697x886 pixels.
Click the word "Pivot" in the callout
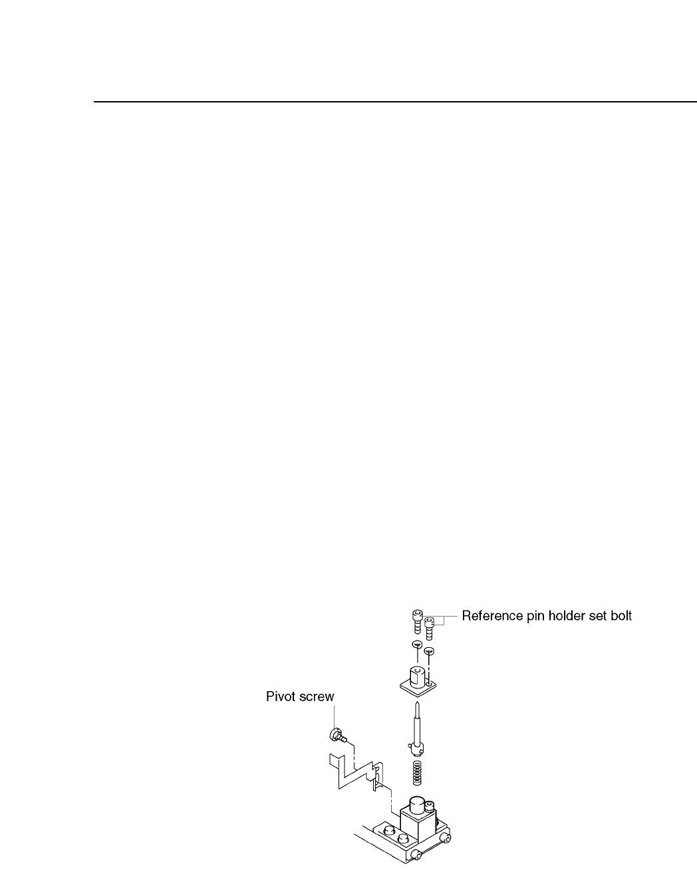click(279, 696)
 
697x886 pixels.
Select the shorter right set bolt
click(430, 626)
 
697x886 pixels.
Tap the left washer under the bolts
click(416, 645)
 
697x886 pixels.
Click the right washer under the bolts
click(429, 651)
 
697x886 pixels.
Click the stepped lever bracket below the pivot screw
click(356, 772)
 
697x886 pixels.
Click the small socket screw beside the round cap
click(432, 809)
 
